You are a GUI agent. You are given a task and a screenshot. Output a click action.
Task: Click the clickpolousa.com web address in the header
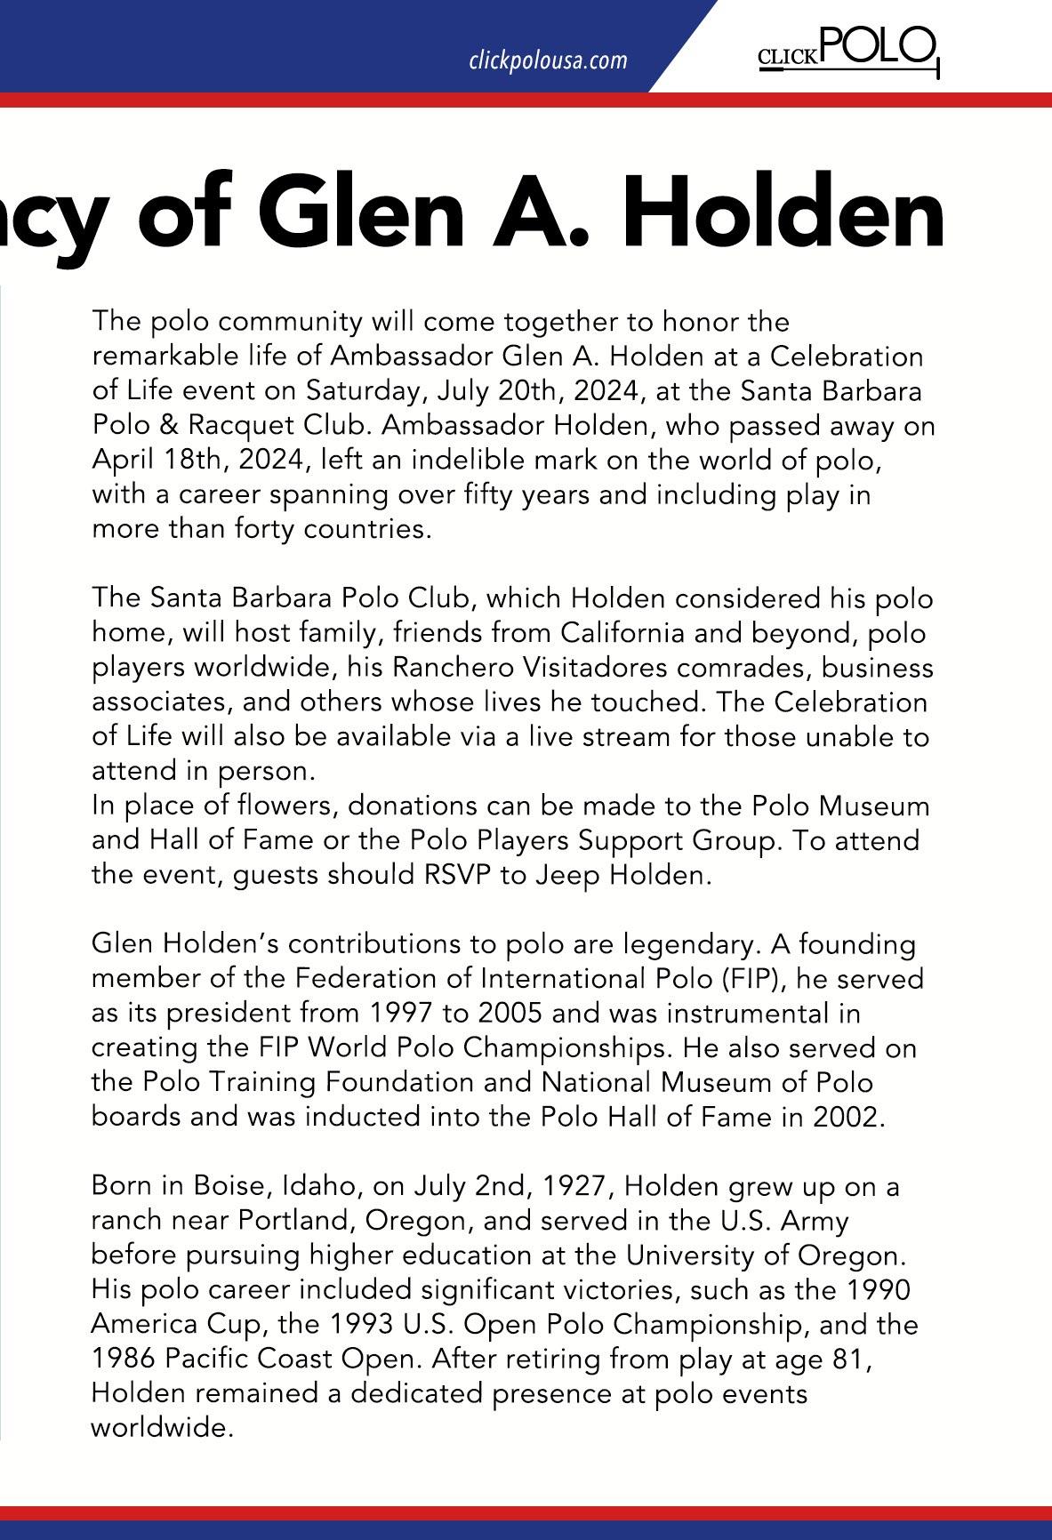click(x=548, y=60)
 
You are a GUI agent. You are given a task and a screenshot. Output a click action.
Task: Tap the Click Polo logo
click(x=847, y=51)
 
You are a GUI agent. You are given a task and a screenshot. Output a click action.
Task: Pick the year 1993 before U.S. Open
click(x=362, y=1325)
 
